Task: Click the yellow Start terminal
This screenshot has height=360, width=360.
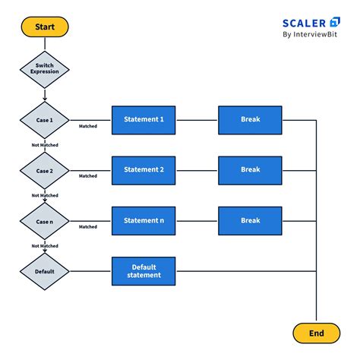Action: coord(45,27)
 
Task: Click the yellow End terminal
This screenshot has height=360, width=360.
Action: coord(316,332)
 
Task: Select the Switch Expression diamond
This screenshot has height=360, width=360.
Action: coord(45,70)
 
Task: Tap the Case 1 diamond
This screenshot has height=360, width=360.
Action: coord(45,120)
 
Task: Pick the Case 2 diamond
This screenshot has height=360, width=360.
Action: coord(45,170)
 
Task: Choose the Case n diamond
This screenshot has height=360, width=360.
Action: coord(45,220)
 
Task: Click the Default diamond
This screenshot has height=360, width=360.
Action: coord(45,270)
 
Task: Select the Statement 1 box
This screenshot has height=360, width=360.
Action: coord(144,120)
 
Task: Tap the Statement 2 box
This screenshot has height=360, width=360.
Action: coord(144,170)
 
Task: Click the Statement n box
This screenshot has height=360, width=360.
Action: coord(144,220)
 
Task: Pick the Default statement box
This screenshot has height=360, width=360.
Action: coord(144,270)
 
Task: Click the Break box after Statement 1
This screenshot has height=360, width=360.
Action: coord(250,120)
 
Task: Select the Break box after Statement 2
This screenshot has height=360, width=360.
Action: coord(250,170)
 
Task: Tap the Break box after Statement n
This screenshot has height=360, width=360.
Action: coord(250,220)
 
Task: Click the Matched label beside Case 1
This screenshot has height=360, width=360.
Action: coord(88,126)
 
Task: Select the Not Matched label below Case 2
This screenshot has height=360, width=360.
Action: coord(45,195)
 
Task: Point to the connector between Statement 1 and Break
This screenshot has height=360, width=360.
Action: coord(197,120)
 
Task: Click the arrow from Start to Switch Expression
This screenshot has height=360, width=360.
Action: coord(45,44)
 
